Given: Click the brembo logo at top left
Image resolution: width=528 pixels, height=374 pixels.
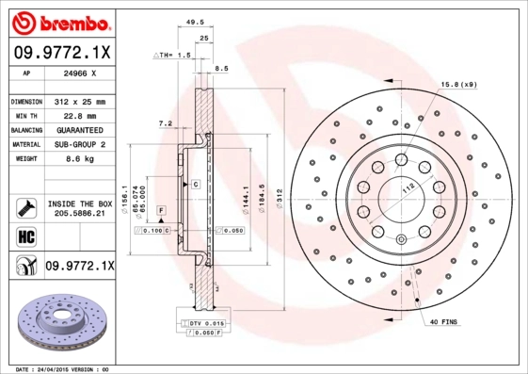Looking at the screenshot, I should click(x=59, y=21).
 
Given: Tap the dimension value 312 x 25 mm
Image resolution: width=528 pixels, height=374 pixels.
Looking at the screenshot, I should click(x=78, y=100).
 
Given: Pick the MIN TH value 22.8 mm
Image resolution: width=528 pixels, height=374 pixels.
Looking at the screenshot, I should click(x=78, y=115).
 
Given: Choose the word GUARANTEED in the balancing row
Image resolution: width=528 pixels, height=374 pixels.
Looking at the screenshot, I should click(x=78, y=129).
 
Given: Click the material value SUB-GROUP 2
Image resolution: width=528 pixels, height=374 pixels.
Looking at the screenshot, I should click(x=78, y=144).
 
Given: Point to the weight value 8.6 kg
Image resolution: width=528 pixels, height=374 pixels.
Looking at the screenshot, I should click(x=78, y=159).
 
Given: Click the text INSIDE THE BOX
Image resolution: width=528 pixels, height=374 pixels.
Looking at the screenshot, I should click(x=79, y=203).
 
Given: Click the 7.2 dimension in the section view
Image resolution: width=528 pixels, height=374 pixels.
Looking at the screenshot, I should click(x=164, y=122).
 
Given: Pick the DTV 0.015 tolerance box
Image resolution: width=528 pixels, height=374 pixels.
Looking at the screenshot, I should click(x=200, y=323).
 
